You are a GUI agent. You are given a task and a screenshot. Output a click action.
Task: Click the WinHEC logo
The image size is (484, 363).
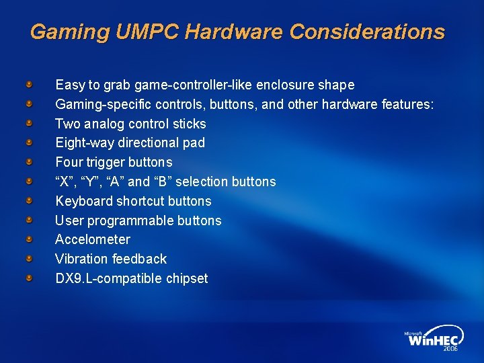click(434, 339)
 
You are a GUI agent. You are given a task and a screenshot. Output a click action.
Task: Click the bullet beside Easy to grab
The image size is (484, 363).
click(30, 85)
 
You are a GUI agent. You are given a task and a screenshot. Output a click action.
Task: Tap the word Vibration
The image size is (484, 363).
click(81, 259)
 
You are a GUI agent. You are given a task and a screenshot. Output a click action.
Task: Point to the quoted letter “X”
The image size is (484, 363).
click(65, 182)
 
